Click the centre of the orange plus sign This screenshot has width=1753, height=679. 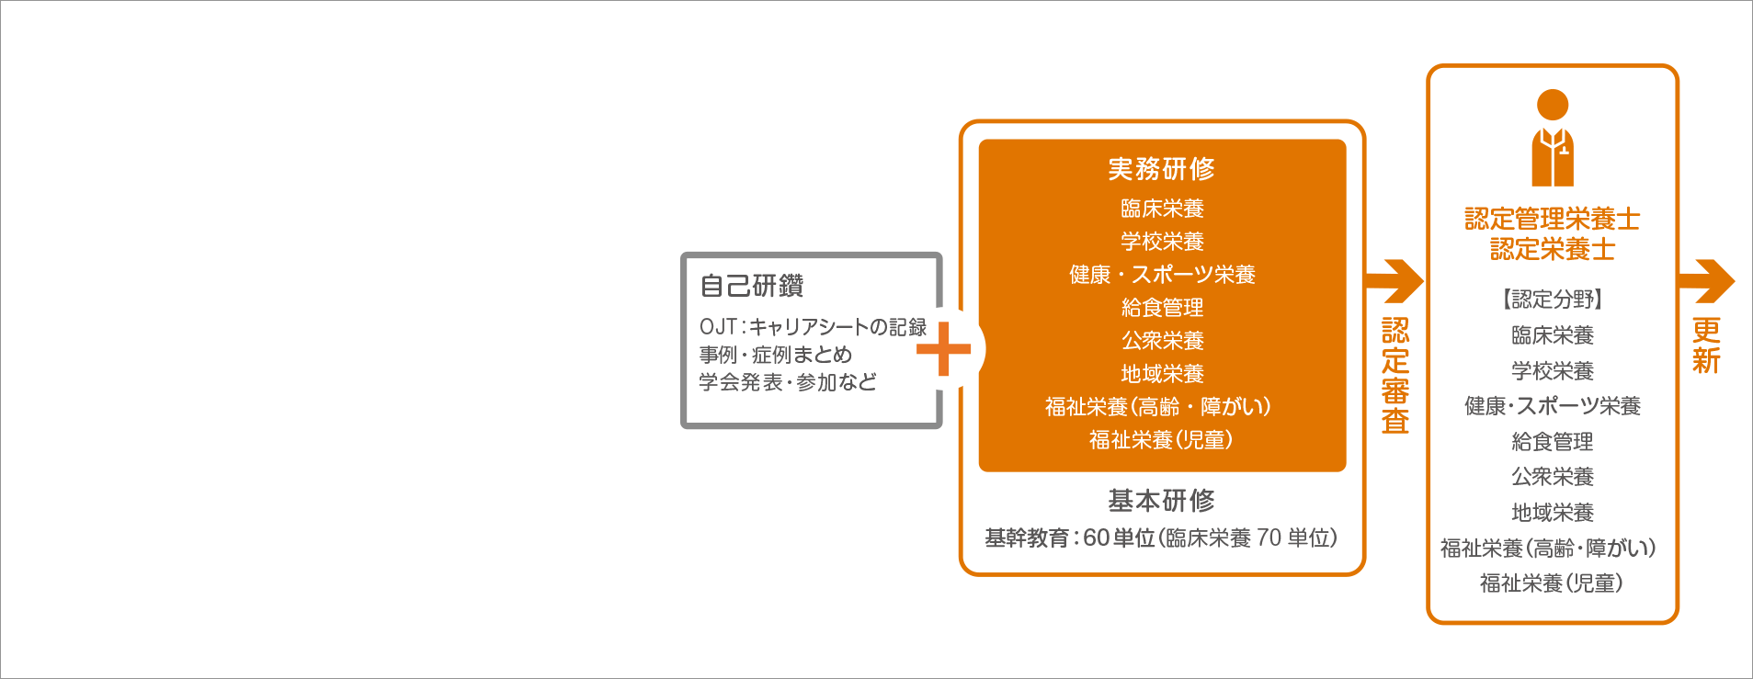click(x=943, y=349)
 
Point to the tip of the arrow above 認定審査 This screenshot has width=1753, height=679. click(x=1423, y=281)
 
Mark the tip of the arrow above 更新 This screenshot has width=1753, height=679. click(x=1735, y=281)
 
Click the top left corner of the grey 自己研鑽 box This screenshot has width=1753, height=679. click(x=682, y=254)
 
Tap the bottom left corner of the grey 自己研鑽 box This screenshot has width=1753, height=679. click(x=682, y=427)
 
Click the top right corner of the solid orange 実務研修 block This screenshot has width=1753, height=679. click(x=1346, y=140)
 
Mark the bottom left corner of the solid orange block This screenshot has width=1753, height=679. click(x=980, y=471)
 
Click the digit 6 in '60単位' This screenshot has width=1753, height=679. click(x=1089, y=538)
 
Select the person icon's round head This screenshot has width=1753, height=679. click(x=1553, y=105)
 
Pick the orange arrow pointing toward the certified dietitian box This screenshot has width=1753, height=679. click(x=1394, y=281)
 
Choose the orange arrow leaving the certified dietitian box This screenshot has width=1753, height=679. click(x=1706, y=281)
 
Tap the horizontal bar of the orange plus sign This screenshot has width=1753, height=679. click(x=943, y=349)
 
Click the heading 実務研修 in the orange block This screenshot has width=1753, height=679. click(x=1162, y=169)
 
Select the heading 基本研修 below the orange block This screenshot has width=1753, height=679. click(x=1162, y=501)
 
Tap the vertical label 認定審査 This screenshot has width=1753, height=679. click(x=1395, y=375)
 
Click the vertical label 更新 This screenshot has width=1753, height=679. click(x=1706, y=345)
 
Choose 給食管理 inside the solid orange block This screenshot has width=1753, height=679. click(x=1162, y=308)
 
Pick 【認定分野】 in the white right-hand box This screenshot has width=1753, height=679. click(x=1553, y=299)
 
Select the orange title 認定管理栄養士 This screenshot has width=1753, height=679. click(x=1553, y=219)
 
